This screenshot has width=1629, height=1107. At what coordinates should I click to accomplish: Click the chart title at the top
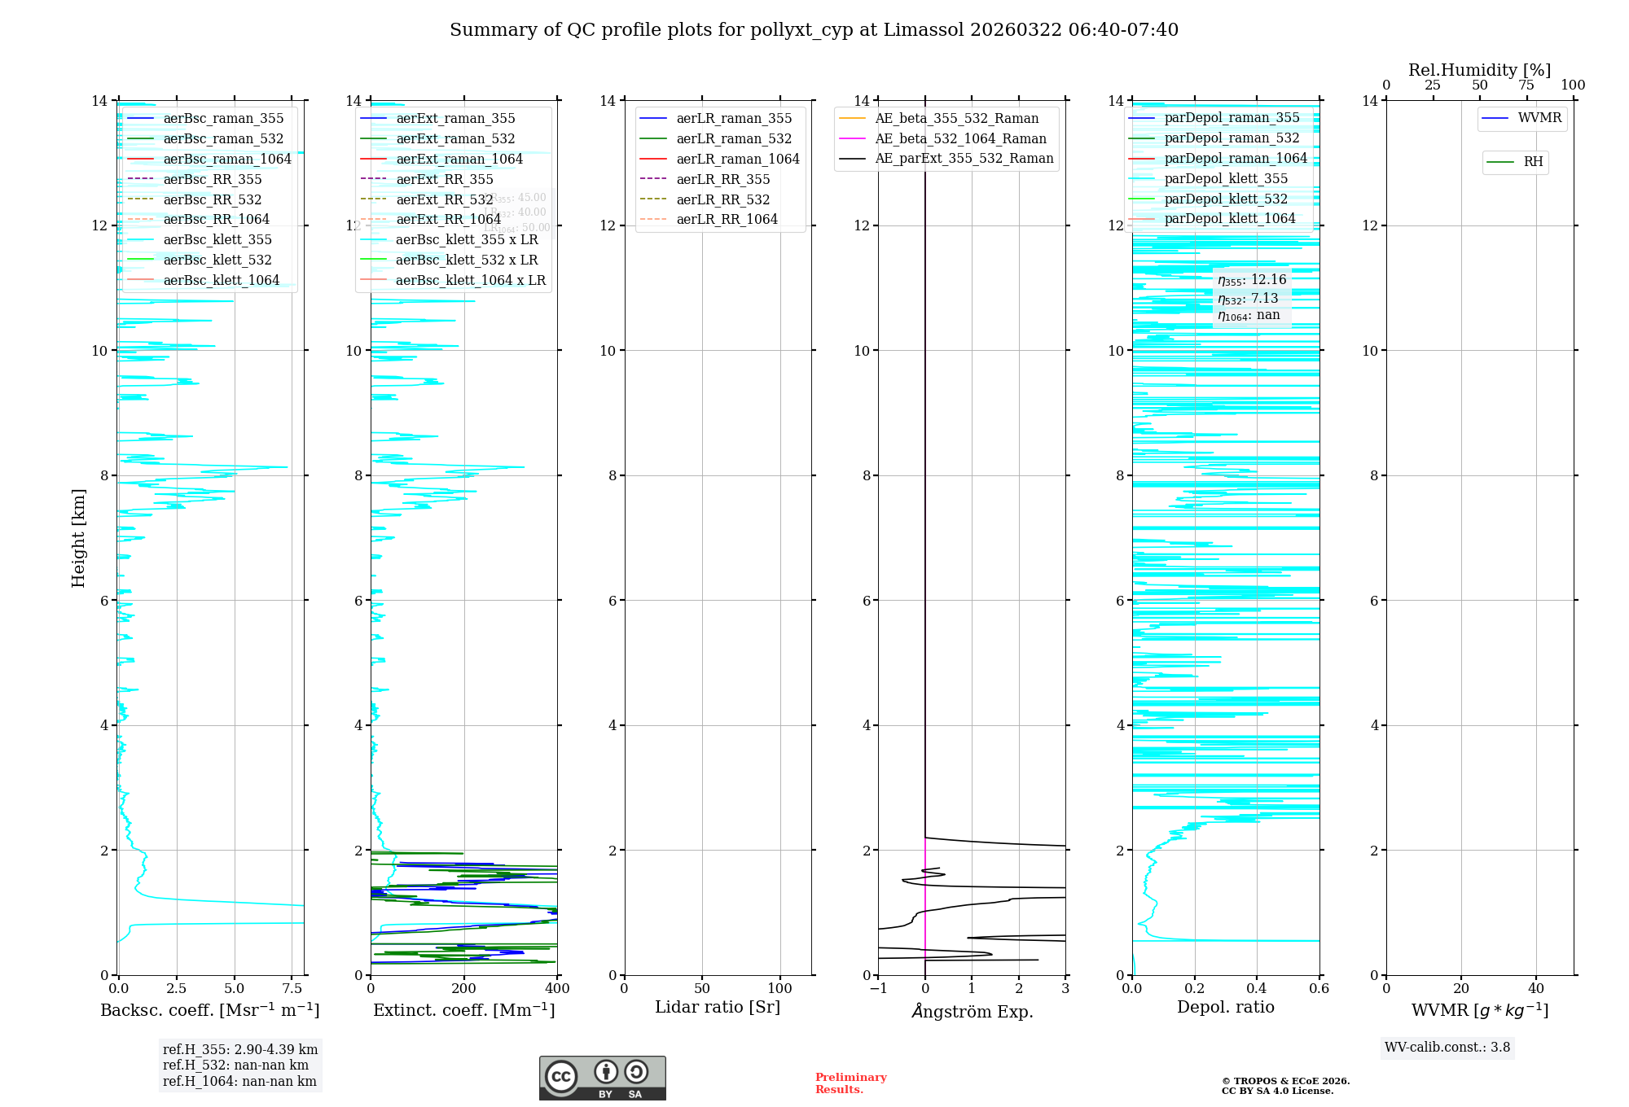pos(814,30)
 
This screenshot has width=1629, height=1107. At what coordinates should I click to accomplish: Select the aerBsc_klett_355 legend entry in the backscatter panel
pos(217,239)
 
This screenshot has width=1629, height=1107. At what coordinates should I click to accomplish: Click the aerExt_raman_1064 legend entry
pos(459,159)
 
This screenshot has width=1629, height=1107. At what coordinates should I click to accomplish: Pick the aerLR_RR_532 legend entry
pos(722,199)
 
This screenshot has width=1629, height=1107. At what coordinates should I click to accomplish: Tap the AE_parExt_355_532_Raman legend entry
pos(964,158)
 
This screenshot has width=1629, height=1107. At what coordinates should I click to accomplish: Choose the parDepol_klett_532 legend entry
pos(1226,199)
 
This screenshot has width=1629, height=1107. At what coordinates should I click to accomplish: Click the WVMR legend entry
pos(1539,118)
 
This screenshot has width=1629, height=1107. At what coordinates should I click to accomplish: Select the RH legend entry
pos(1533,162)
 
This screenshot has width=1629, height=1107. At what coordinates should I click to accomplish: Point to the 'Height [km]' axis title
pos(78,538)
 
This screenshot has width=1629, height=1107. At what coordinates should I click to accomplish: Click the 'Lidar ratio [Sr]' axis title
pos(718,1008)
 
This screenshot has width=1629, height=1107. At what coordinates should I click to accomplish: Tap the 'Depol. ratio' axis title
pos(1225,1008)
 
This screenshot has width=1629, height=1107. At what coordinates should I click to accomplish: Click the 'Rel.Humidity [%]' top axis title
pos(1479,70)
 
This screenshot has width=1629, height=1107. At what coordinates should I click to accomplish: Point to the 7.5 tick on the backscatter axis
pos(292,989)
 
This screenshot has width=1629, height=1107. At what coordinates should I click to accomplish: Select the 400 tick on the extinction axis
pos(557,989)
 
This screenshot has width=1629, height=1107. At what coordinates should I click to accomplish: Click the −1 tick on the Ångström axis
pos(878,989)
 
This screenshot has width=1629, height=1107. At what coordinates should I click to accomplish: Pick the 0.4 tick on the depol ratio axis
pos(1257,989)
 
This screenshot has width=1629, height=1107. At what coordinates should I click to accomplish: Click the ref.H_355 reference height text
pos(239,1050)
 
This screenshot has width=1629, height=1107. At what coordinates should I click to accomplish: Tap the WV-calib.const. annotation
pos(1447,1048)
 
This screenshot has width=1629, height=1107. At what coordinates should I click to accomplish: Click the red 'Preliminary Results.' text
pos(850,1083)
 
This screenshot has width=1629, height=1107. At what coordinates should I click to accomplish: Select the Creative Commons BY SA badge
pos(602,1079)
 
